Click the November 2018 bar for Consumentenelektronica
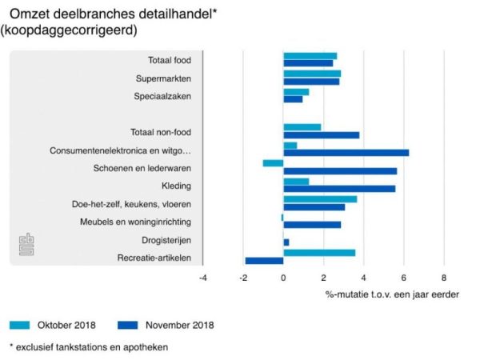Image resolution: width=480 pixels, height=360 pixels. point(346,152)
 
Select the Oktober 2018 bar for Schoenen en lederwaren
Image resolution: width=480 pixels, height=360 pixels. point(273,163)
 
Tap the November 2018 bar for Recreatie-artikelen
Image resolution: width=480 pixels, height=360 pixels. point(264,260)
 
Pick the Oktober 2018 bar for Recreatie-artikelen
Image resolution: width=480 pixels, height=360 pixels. point(319,253)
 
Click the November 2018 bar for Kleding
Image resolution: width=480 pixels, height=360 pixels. point(339,188)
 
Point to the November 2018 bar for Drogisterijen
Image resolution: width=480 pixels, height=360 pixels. point(286,242)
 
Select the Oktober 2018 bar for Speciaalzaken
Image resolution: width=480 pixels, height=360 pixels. point(296,92)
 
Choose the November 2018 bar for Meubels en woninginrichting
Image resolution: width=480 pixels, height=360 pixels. point(312,224)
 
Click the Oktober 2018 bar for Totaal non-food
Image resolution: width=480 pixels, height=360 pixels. point(302,127)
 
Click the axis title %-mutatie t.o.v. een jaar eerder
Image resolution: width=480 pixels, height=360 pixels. point(392,294)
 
